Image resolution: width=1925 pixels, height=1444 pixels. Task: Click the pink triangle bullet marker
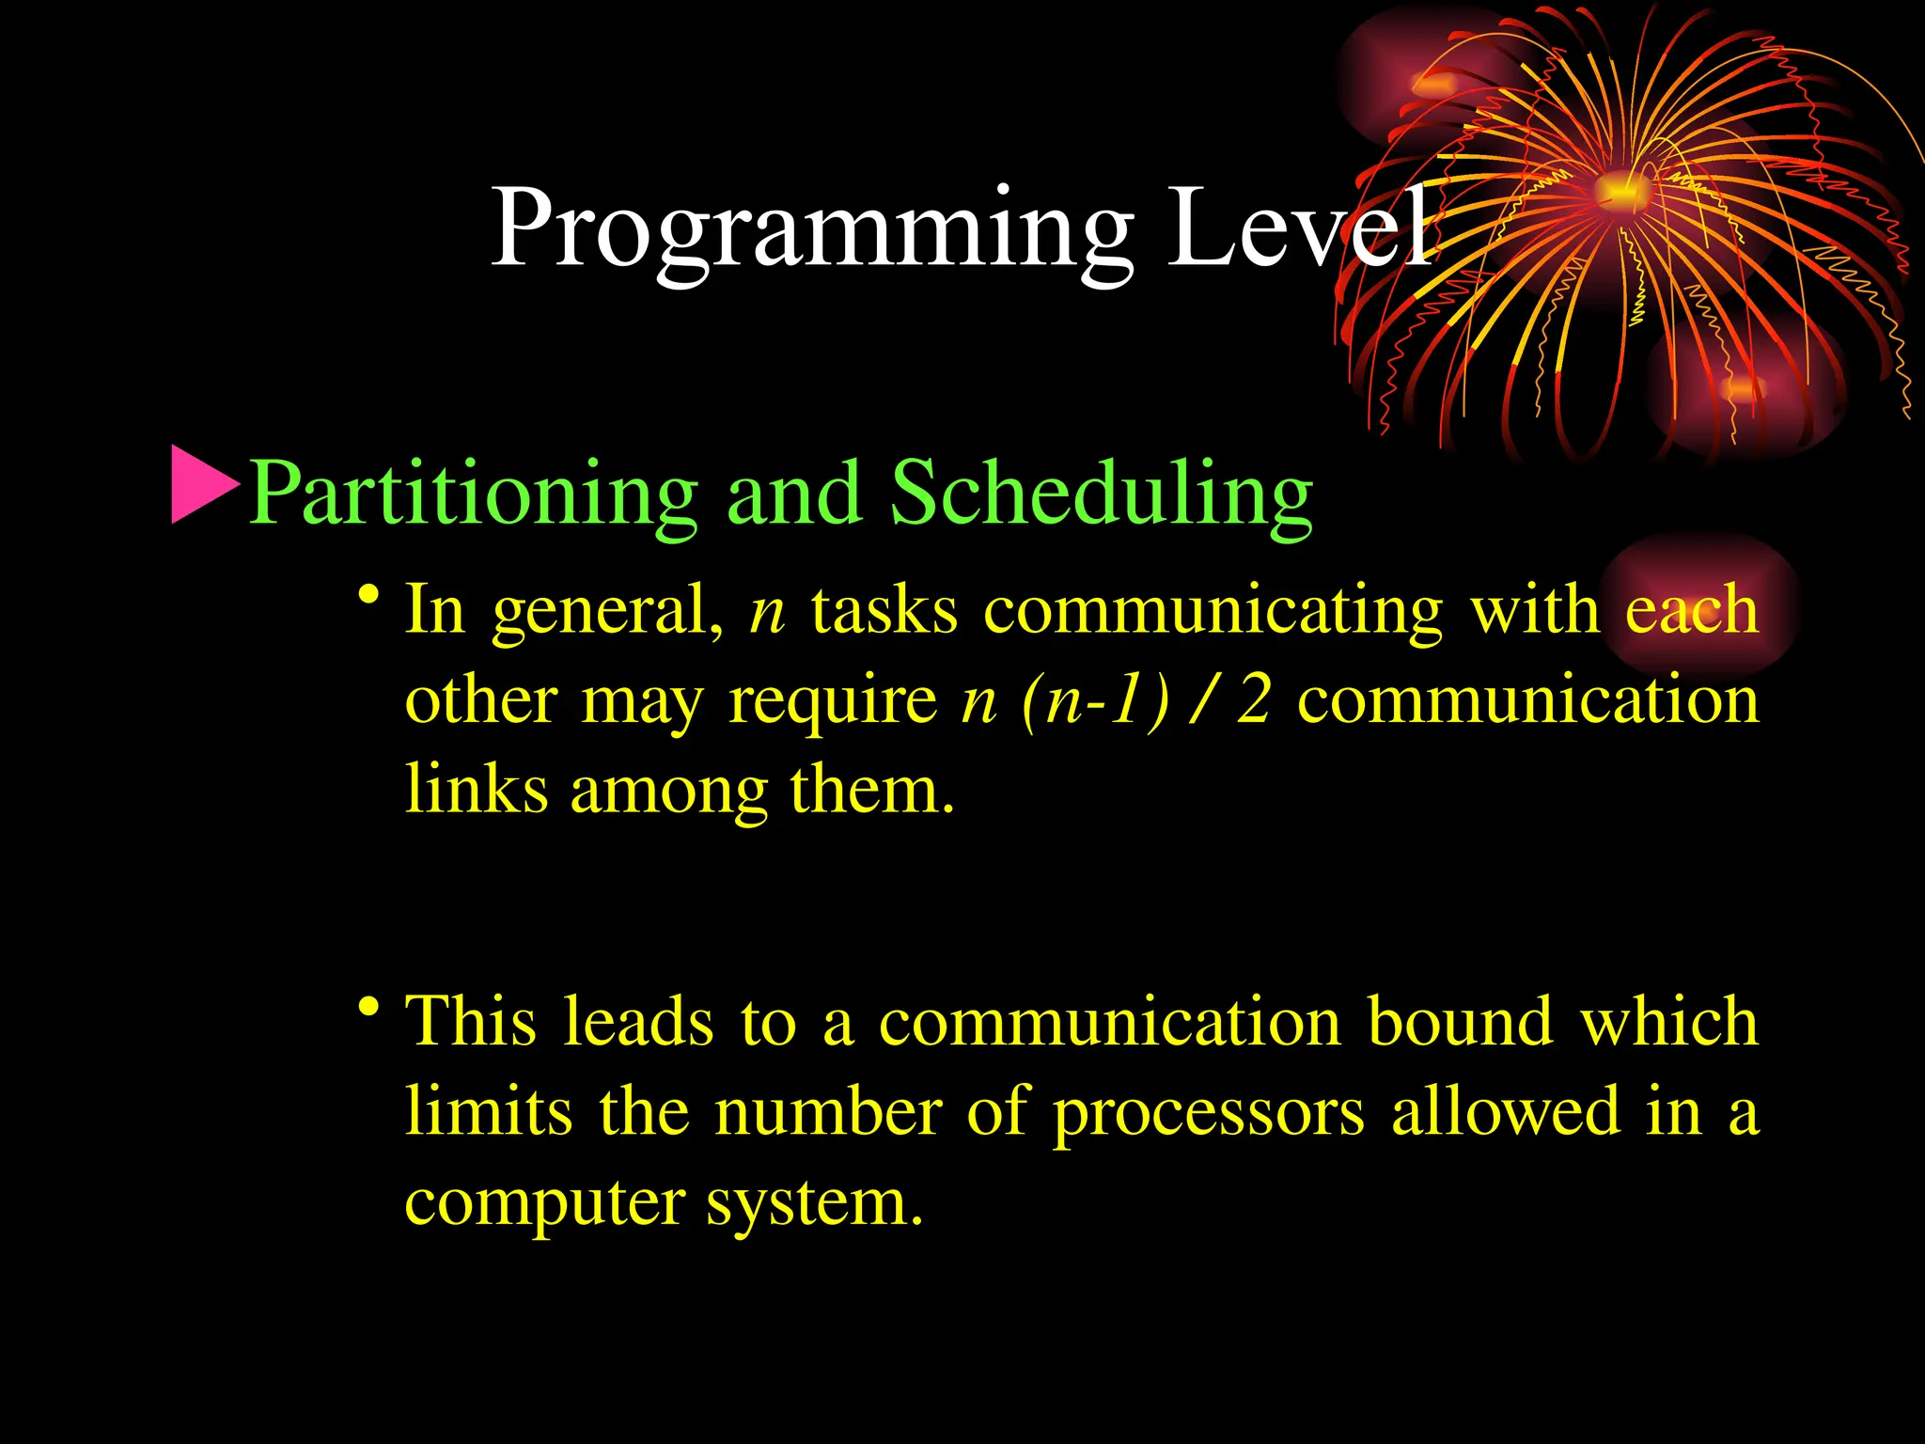(x=202, y=485)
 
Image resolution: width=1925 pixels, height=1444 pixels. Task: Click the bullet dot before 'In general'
(x=368, y=596)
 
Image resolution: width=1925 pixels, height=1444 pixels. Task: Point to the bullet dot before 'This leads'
(x=368, y=1008)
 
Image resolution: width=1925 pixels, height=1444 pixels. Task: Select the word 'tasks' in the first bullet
(x=884, y=611)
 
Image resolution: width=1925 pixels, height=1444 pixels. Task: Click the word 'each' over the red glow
(x=1691, y=611)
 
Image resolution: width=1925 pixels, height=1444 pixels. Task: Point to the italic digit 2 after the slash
(x=1254, y=699)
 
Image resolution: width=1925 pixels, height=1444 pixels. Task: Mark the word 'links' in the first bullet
(x=477, y=790)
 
